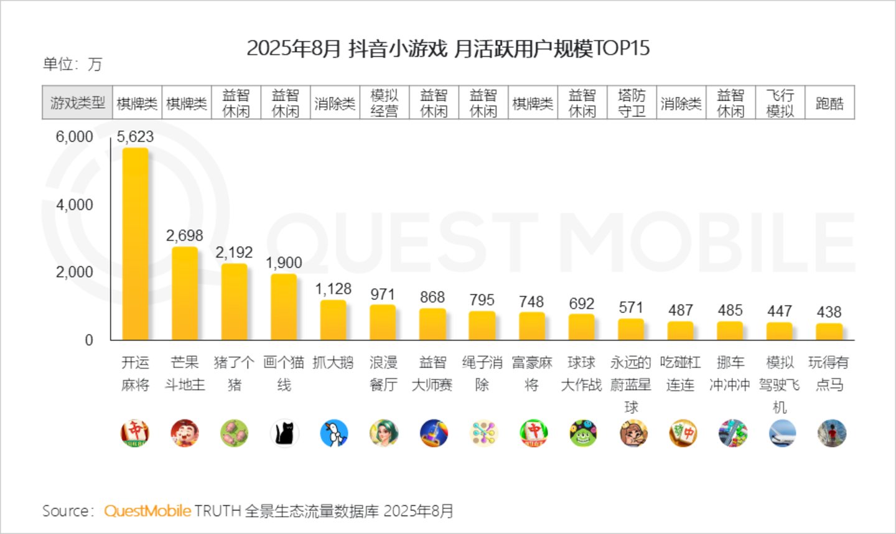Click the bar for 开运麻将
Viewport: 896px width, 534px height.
135,244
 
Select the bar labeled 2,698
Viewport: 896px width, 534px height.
185,294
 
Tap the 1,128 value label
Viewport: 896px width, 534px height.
334,289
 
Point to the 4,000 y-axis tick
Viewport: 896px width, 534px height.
75,205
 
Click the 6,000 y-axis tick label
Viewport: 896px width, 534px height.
75,137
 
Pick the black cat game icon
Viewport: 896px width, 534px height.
284,433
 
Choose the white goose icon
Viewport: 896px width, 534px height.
334,433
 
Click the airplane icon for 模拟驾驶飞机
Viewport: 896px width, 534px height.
782,433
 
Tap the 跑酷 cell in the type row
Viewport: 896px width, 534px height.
829,103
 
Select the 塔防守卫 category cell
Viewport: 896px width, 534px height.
632,103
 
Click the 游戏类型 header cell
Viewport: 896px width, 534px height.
77,103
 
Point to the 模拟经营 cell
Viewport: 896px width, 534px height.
385,103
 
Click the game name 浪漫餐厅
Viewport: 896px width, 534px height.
383,373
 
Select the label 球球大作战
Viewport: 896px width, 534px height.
581,373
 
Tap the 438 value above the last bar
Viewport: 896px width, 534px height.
829,312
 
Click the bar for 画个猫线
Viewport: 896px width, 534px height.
284,307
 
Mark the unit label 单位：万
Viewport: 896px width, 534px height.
73,64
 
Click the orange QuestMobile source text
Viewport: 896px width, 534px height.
147,511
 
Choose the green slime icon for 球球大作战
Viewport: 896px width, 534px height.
583,433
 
